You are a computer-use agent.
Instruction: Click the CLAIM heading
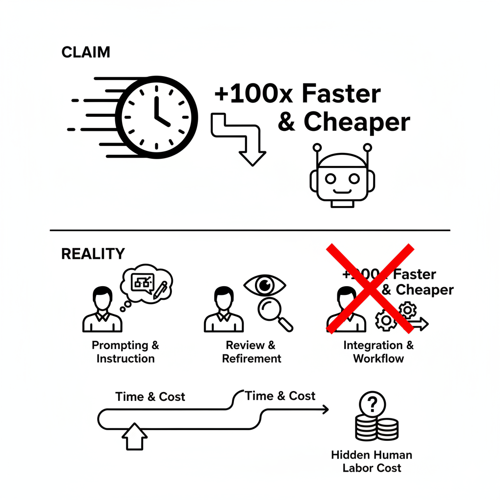(x=86, y=52)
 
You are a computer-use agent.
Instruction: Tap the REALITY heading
(x=93, y=254)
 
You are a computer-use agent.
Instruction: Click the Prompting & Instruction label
(x=125, y=352)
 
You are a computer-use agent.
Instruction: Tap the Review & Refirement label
(x=251, y=352)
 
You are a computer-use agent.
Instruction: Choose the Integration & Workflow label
(x=378, y=352)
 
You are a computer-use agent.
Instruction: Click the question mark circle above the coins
(x=372, y=404)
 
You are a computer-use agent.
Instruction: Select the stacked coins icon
(x=376, y=428)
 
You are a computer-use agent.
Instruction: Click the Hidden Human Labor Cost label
(x=372, y=461)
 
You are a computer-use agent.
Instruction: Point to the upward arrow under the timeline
(x=134, y=437)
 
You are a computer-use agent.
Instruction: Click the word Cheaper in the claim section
(x=357, y=123)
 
